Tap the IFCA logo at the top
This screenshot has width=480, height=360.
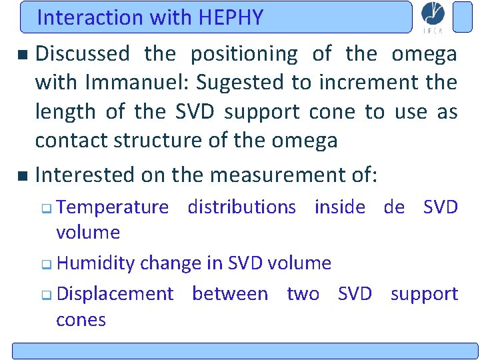tap(433, 17)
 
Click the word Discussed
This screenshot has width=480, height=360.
tap(83, 54)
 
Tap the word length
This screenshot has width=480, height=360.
tap(65, 111)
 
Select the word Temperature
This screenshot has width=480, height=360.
tap(113, 207)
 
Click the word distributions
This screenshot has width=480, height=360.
tap(242, 207)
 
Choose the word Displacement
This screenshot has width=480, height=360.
tap(115, 294)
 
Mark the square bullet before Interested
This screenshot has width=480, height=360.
tap(23, 176)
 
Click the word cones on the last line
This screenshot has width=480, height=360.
tap(81, 320)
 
